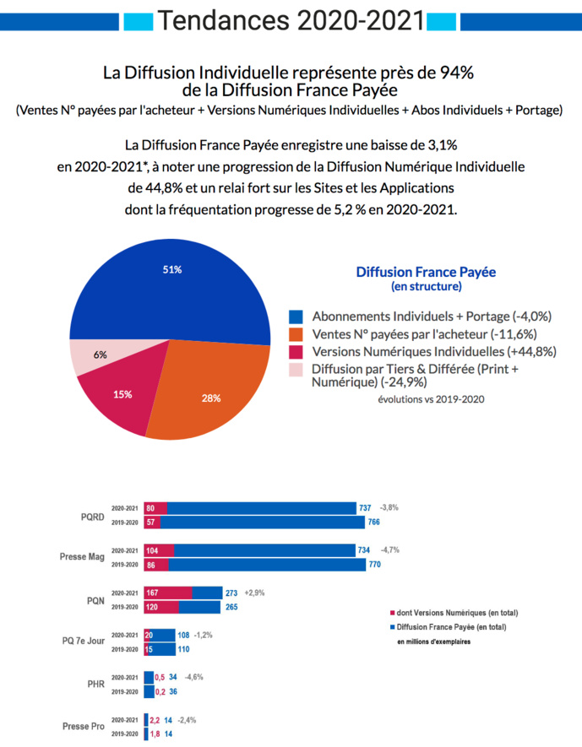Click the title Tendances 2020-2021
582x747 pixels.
[291, 20]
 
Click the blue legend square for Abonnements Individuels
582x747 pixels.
[296, 317]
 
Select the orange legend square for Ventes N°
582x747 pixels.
[296, 334]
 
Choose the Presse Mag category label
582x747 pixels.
[83, 557]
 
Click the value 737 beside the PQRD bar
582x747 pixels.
[365, 508]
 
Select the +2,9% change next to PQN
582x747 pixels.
[254, 593]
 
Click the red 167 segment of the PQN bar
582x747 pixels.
[168, 593]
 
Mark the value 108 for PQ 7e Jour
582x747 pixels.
[182, 635]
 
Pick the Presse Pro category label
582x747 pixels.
[84, 726]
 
